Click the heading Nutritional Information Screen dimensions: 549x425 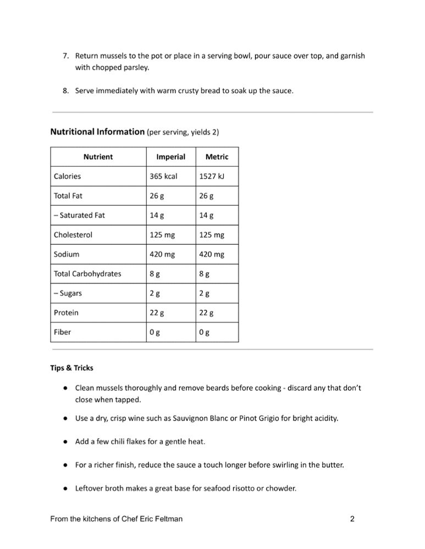(97, 132)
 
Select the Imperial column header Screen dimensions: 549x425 (170, 157)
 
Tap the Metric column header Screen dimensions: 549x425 (217, 157)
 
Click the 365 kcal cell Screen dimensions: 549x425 (164, 176)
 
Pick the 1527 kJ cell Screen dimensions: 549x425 (212, 176)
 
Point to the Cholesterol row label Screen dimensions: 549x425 (73, 235)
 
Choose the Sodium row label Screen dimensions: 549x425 (67, 254)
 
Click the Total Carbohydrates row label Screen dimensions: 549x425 (87, 274)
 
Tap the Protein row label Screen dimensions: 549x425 (66, 313)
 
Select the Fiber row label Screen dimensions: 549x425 (62, 332)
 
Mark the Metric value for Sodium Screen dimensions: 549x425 (212, 254)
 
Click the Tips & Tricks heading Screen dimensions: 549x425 (72, 368)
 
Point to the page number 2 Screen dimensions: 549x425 (352, 519)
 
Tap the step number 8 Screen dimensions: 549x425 (65, 91)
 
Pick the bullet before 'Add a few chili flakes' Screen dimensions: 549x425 (65, 441)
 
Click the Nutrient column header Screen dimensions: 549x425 (98, 157)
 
